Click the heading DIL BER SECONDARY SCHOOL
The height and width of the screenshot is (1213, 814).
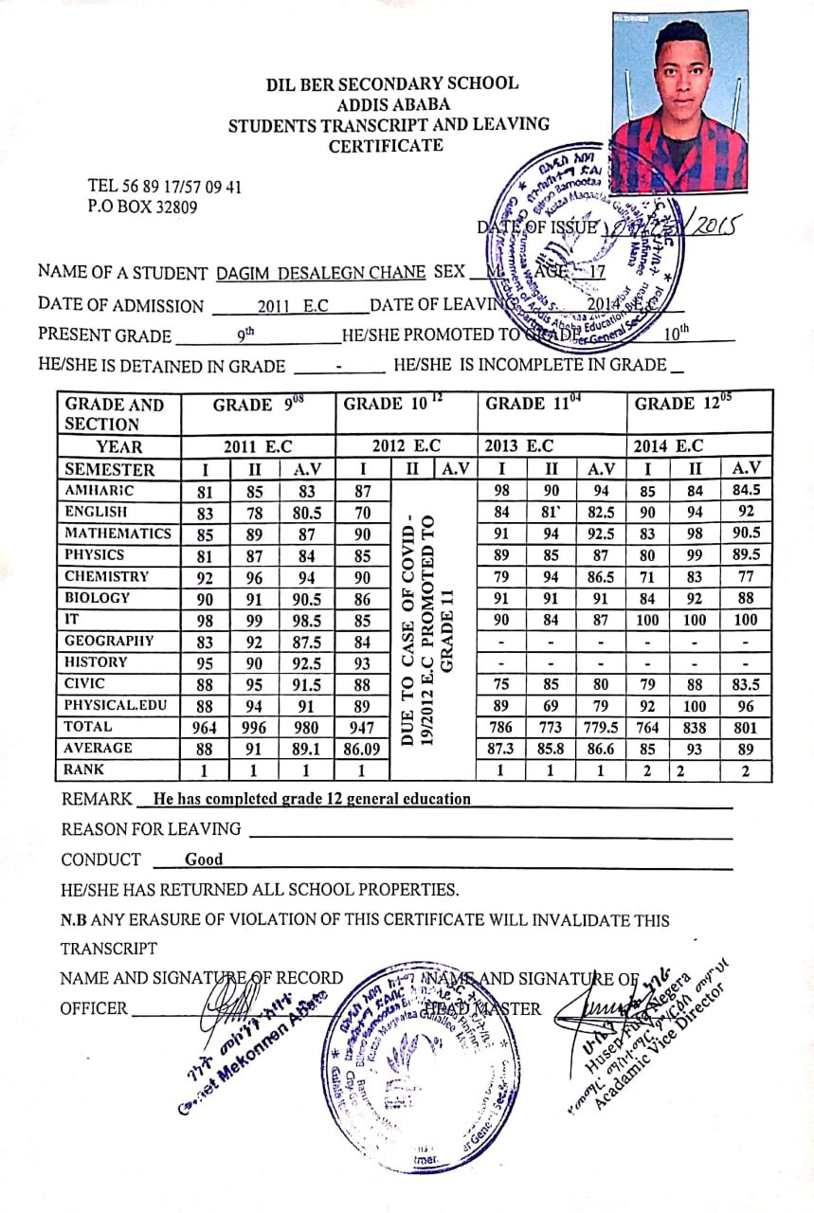[x=392, y=83]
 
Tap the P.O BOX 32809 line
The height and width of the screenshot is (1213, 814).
[x=142, y=206]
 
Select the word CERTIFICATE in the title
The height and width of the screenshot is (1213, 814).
[x=386, y=146]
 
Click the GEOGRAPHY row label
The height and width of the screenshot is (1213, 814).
[x=108, y=641]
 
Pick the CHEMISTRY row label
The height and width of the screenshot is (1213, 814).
[x=106, y=576]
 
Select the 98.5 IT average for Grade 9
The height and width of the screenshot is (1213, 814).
[x=306, y=620]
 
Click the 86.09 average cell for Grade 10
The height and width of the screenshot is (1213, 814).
[x=363, y=750]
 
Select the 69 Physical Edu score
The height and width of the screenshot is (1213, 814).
[x=551, y=706]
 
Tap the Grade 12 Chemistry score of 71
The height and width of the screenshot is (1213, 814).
[x=646, y=577]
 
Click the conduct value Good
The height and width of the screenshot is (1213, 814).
[x=204, y=860]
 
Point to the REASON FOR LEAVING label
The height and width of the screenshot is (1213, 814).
[x=151, y=829]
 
